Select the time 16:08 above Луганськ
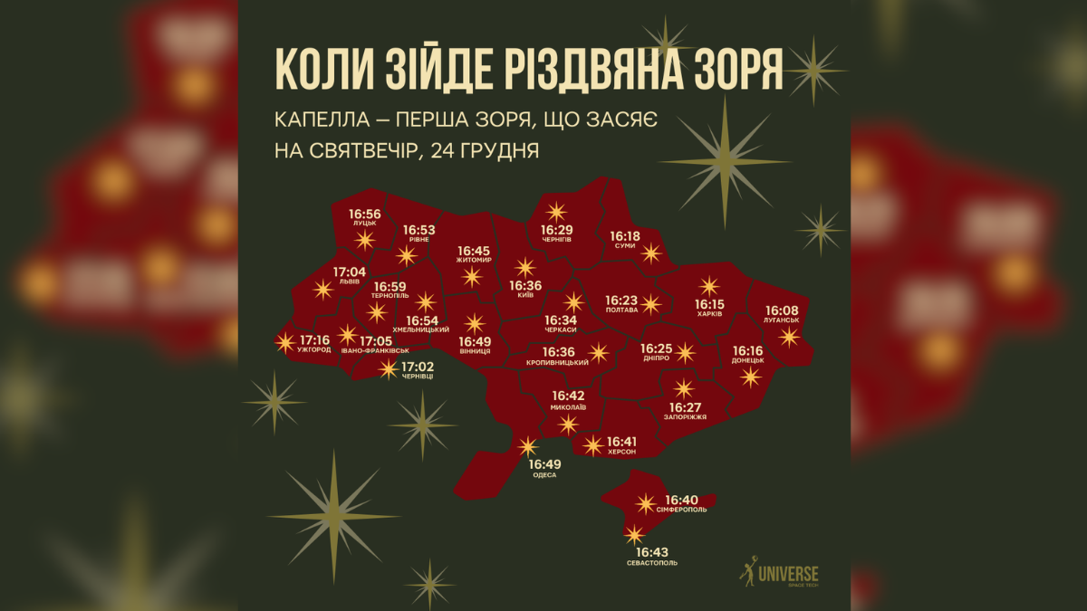782,310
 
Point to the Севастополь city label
651,563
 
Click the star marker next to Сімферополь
645,503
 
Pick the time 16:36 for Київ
525,285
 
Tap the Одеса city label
544,475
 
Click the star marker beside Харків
708,286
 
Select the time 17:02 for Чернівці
418,367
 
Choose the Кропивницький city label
557,363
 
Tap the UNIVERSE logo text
787,574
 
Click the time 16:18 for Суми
624,235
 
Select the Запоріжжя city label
685,416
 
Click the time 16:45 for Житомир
473,250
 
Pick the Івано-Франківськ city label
375,350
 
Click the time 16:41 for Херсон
621,440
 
